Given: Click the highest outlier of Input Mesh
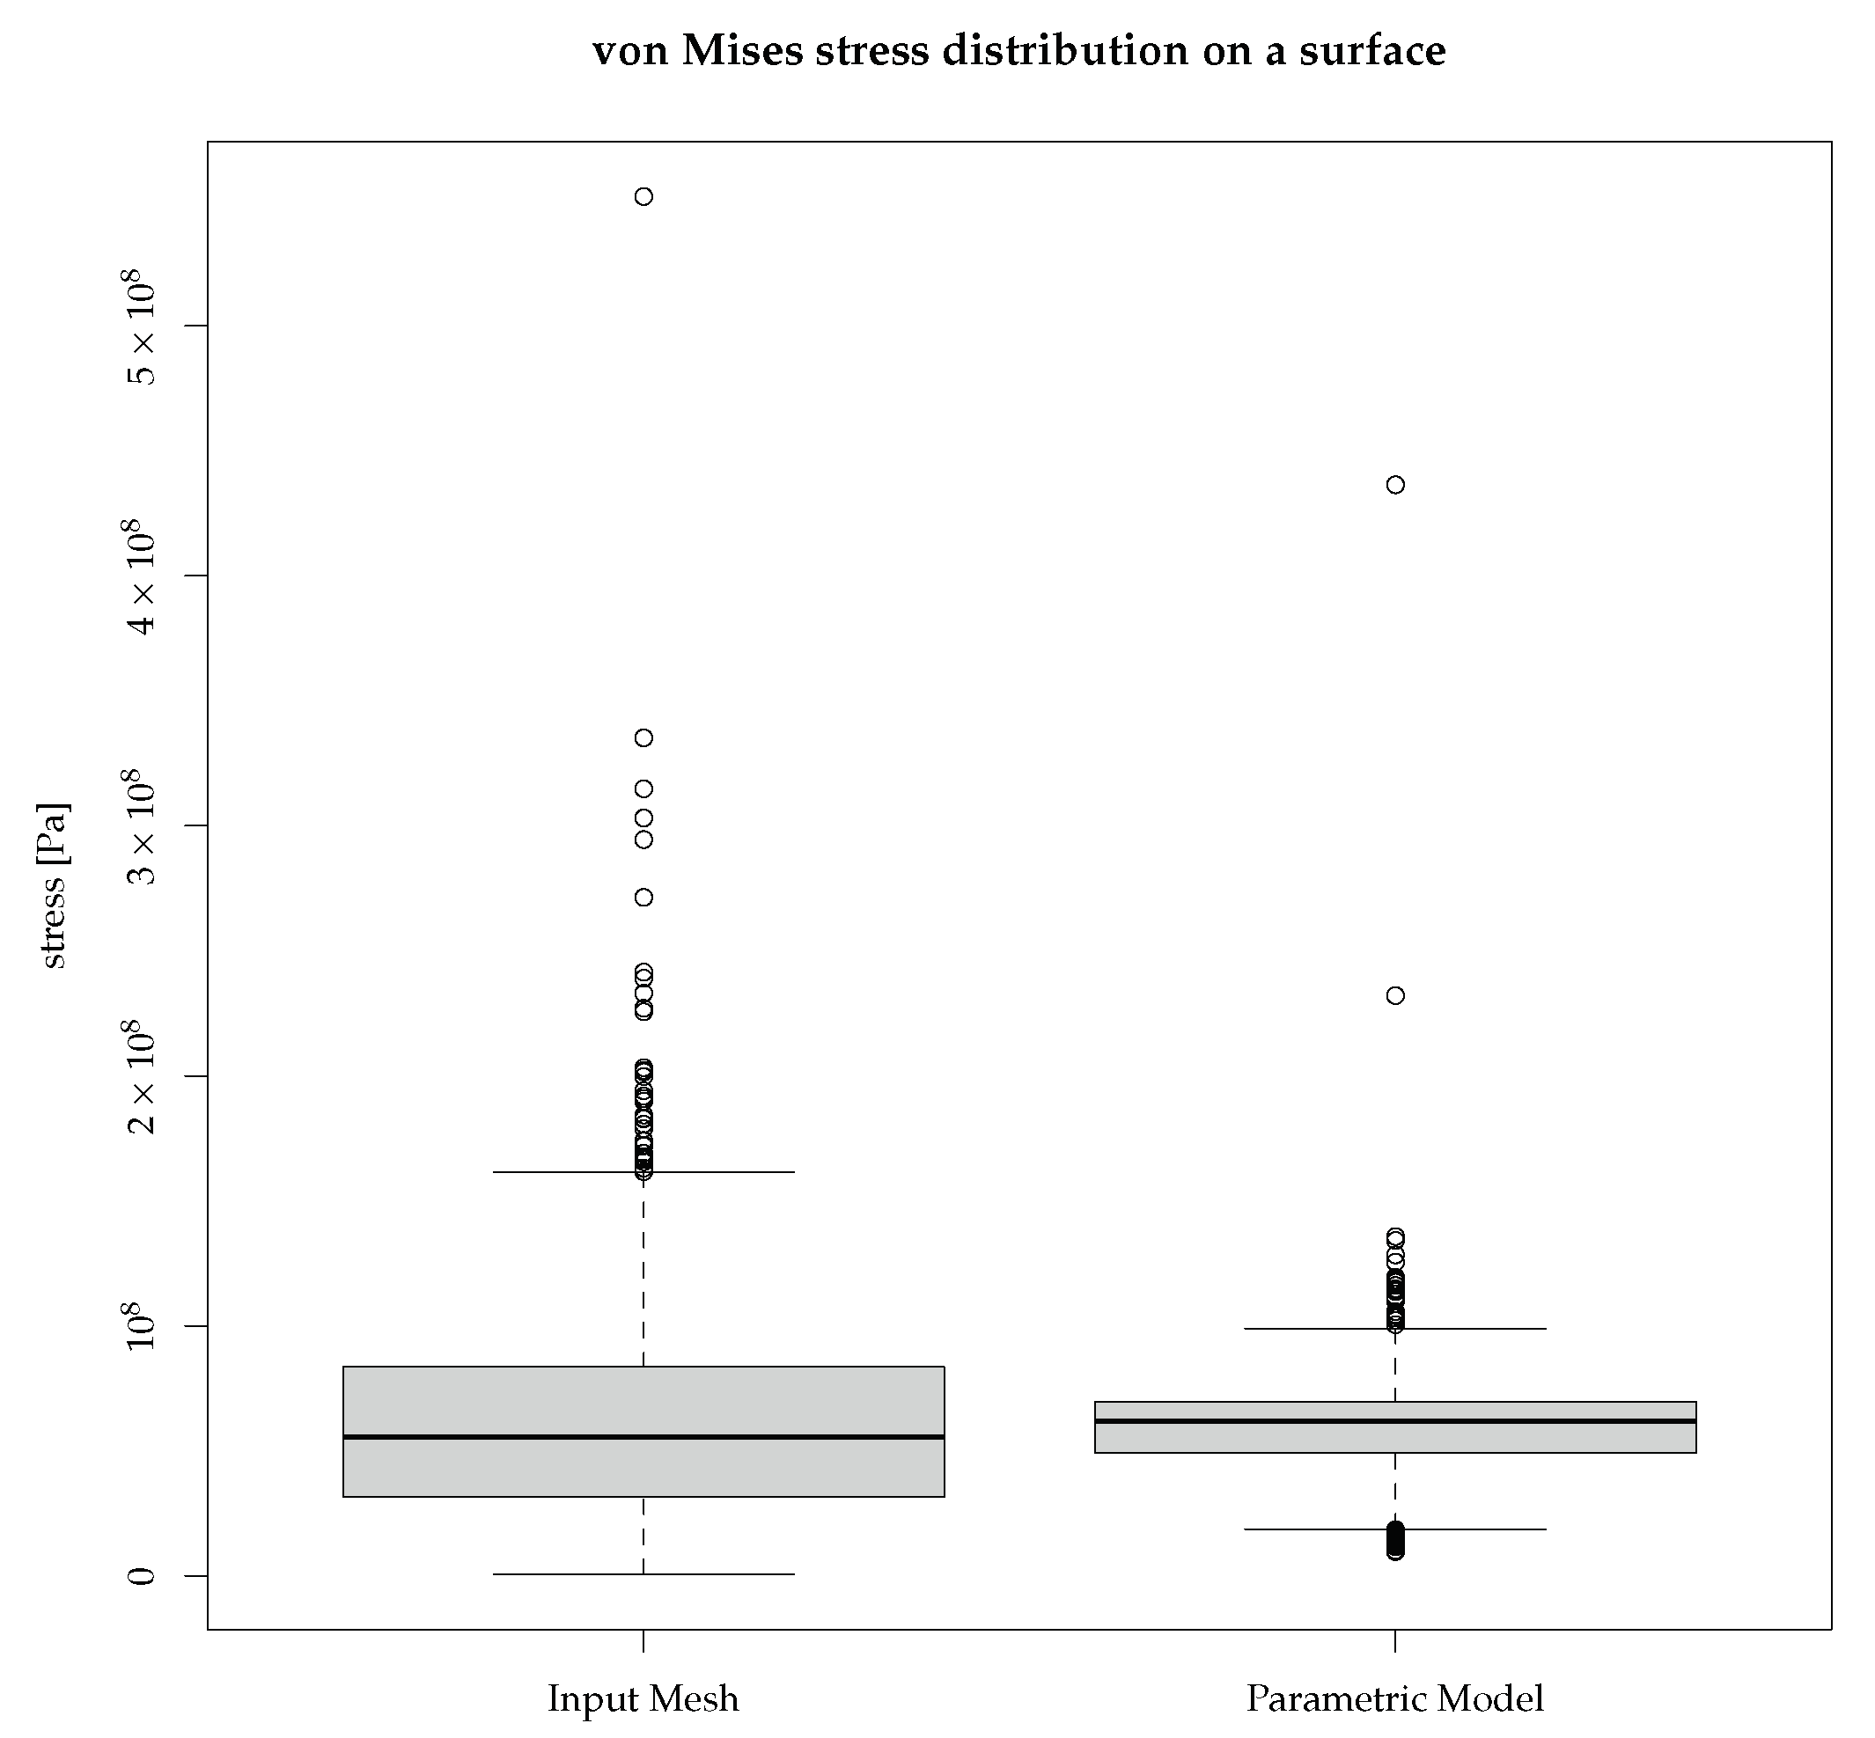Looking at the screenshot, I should pos(643,196).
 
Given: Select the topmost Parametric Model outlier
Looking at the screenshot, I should pos(1395,484).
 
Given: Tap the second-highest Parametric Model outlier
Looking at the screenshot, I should pos(1395,995).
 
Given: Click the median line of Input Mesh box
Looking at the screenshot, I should pos(643,1436).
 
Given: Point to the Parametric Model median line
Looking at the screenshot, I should pos(1395,1420).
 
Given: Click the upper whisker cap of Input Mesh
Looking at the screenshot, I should pos(643,1172).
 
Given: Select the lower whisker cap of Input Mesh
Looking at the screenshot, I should pos(643,1573).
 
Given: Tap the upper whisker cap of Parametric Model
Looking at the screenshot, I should pos(1395,1329).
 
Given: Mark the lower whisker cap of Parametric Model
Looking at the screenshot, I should pos(1395,1529).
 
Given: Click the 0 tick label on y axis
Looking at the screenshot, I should pos(141,1575).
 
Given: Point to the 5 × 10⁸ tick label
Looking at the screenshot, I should pos(141,326).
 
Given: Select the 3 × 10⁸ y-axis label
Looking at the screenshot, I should pos(141,825).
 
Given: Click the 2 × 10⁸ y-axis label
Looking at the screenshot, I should pos(141,1076).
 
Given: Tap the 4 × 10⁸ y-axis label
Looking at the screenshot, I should pos(141,576).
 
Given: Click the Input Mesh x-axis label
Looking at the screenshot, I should pos(643,1698).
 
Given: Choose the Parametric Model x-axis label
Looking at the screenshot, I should pos(1395,1698).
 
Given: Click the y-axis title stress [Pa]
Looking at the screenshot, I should pos(53,885).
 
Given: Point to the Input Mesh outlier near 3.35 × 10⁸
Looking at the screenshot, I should pos(643,737).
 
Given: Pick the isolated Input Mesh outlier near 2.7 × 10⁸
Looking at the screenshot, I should pos(643,898).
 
